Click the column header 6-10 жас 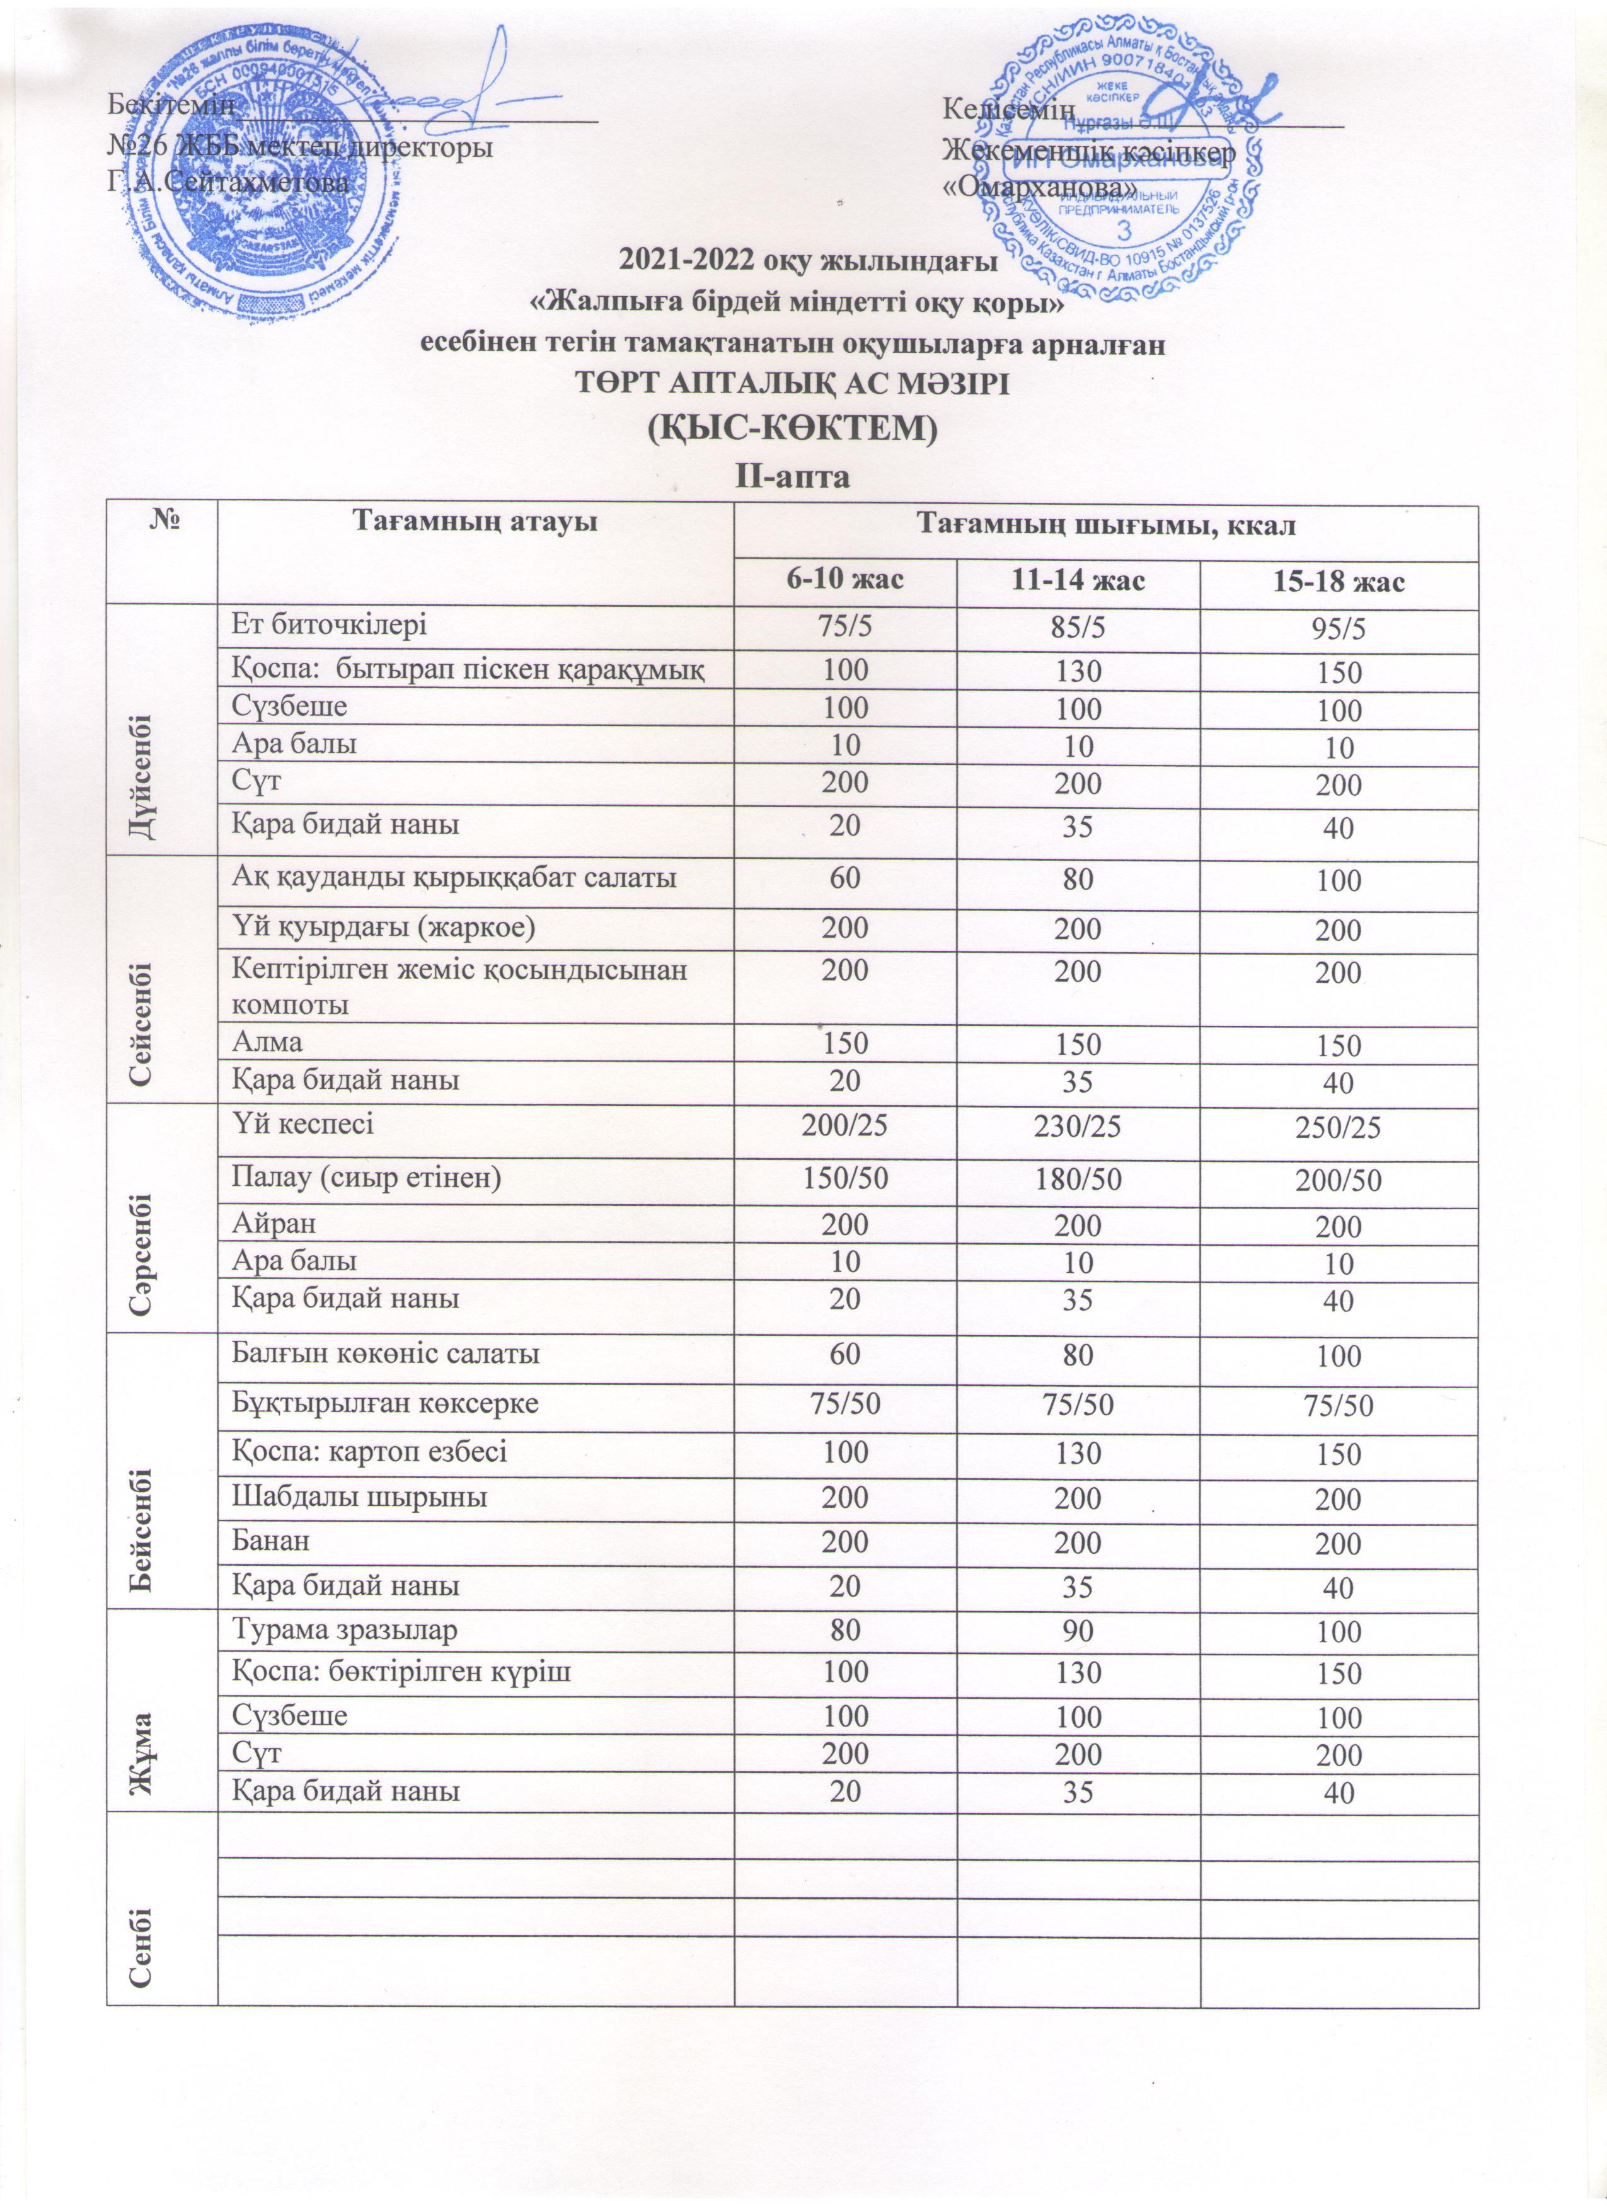(844, 583)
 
